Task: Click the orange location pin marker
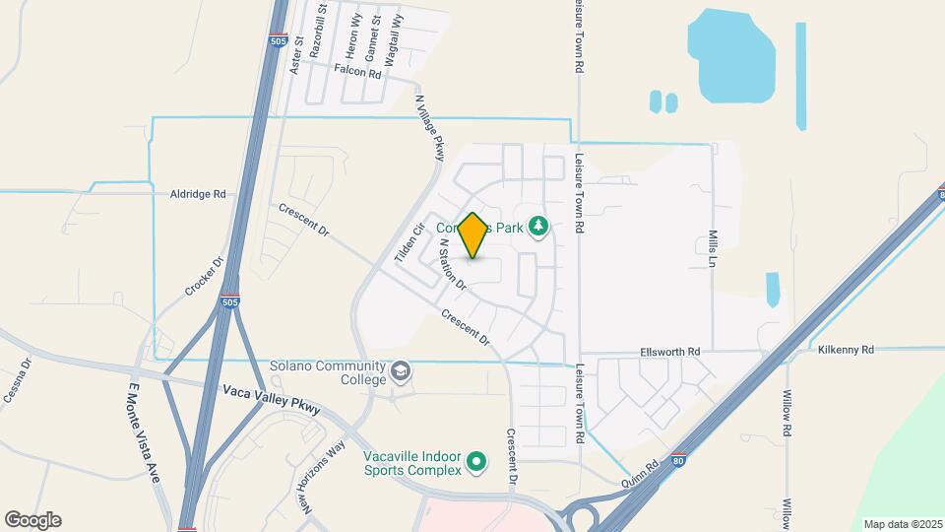(472, 235)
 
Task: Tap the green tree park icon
(538, 228)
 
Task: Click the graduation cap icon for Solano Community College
(400, 371)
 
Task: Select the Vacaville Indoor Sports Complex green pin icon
(476, 461)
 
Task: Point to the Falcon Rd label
(356, 71)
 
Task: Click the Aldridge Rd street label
(198, 194)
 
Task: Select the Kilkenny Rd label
(846, 350)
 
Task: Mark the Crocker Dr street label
(205, 278)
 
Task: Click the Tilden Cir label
(409, 241)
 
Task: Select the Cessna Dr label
(19, 378)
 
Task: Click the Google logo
(32, 519)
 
